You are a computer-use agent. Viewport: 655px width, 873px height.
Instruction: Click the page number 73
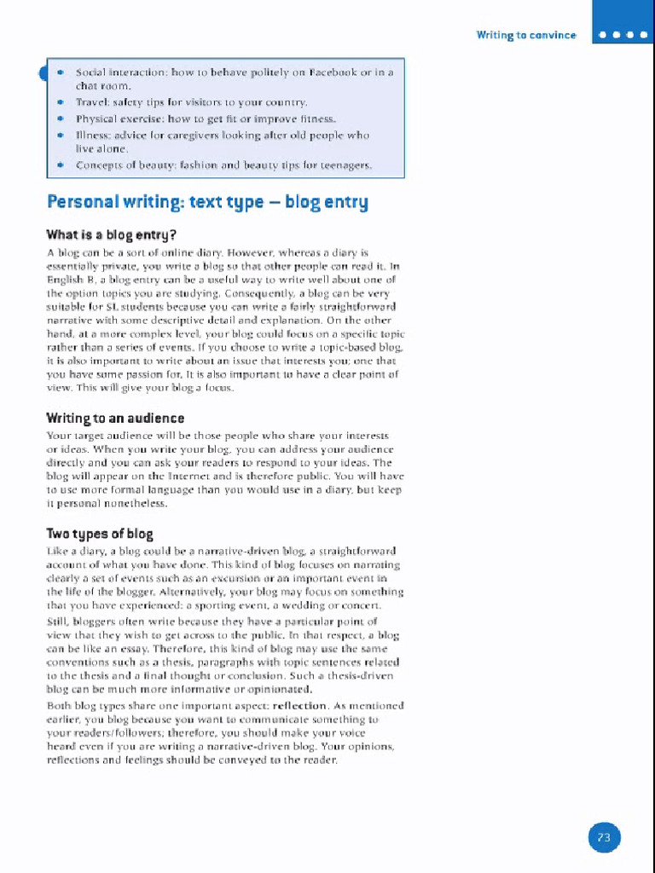pos(604,837)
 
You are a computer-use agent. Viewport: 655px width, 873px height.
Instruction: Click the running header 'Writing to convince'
pos(526,35)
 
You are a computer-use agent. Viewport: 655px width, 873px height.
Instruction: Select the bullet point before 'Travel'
pos(61,102)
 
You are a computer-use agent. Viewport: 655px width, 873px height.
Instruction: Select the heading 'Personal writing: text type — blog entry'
pos(207,202)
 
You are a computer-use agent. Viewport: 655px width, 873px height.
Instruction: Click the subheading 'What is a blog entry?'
pos(111,234)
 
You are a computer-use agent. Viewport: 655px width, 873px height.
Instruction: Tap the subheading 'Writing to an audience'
pos(115,418)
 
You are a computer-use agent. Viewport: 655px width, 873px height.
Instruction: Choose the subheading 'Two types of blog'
pos(100,534)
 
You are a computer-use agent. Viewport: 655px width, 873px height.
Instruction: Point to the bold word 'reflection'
pos(299,706)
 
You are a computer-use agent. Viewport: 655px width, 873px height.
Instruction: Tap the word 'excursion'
pos(224,578)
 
